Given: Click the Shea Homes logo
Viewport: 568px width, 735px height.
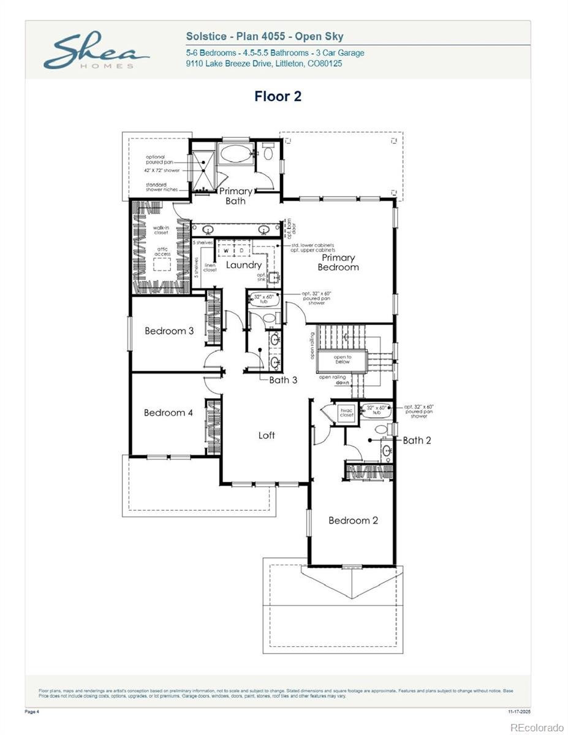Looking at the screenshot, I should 96,52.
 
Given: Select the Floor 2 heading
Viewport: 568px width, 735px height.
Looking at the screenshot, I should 278,96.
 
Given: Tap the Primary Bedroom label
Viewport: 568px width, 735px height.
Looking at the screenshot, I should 338,263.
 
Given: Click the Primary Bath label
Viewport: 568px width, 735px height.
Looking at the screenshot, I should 235,196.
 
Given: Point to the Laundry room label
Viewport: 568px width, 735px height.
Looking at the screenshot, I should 244,265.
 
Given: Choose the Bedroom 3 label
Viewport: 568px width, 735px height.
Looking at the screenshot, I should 169,331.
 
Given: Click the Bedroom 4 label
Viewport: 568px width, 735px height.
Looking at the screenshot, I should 169,413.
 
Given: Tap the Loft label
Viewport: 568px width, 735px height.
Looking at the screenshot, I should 267,435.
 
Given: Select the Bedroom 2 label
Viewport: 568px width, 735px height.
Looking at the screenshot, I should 353,521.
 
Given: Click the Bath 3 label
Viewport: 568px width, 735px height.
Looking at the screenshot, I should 283,380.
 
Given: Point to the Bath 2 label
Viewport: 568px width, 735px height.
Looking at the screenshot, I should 417,440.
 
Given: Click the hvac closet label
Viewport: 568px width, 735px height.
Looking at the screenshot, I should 347,413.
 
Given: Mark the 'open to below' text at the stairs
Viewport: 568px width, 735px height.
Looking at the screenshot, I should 342,360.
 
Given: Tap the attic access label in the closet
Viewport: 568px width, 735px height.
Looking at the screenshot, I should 162,251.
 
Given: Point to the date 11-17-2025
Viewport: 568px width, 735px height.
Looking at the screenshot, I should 520,712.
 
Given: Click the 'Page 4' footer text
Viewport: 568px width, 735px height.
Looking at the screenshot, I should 32,712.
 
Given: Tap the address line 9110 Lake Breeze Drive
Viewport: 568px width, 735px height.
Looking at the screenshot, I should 264,64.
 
